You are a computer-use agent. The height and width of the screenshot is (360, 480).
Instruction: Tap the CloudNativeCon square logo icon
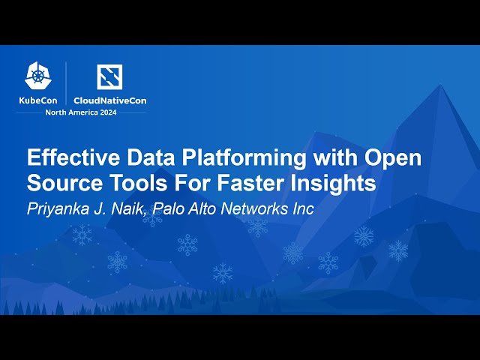coord(109,76)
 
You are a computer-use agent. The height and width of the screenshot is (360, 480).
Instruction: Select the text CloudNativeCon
coord(109,100)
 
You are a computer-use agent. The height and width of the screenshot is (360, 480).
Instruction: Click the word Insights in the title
coord(337,184)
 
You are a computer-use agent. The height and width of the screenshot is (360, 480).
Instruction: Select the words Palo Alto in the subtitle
coord(184,209)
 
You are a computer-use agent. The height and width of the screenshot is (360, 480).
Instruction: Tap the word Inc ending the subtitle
coord(302,209)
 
